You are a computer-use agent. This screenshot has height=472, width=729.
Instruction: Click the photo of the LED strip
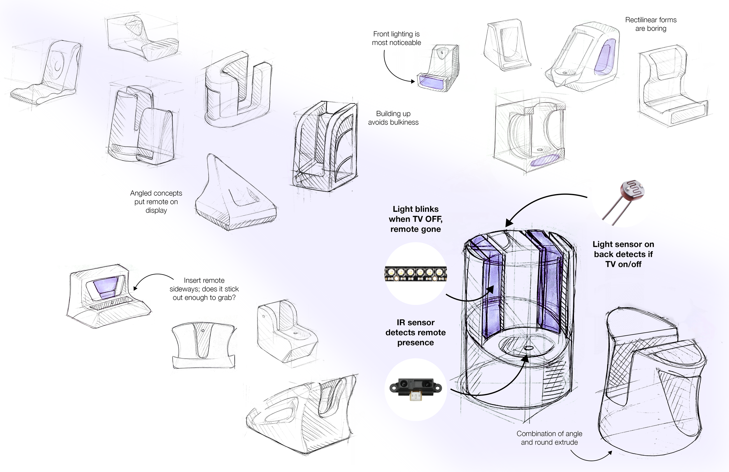[416, 274]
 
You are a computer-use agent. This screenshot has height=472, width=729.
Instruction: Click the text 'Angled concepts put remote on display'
[156, 202]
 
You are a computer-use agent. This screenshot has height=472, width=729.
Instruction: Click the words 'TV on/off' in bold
[623, 264]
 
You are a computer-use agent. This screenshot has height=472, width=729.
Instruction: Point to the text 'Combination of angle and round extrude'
[549, 438]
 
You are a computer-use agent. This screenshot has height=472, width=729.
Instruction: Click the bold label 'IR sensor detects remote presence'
[415, 332]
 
